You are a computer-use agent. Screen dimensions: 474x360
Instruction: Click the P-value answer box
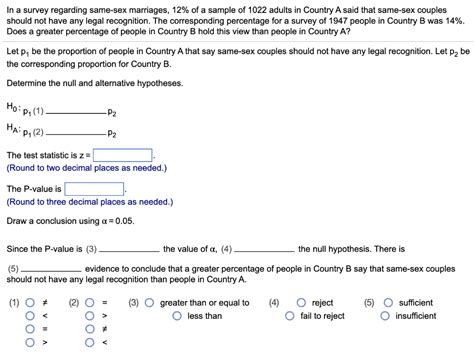(95, 188)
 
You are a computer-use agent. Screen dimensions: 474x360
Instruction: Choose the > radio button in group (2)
(89, 316)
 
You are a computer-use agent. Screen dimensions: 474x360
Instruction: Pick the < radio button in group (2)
(89, 343)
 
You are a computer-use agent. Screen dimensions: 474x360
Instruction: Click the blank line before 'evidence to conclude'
(50, 270)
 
